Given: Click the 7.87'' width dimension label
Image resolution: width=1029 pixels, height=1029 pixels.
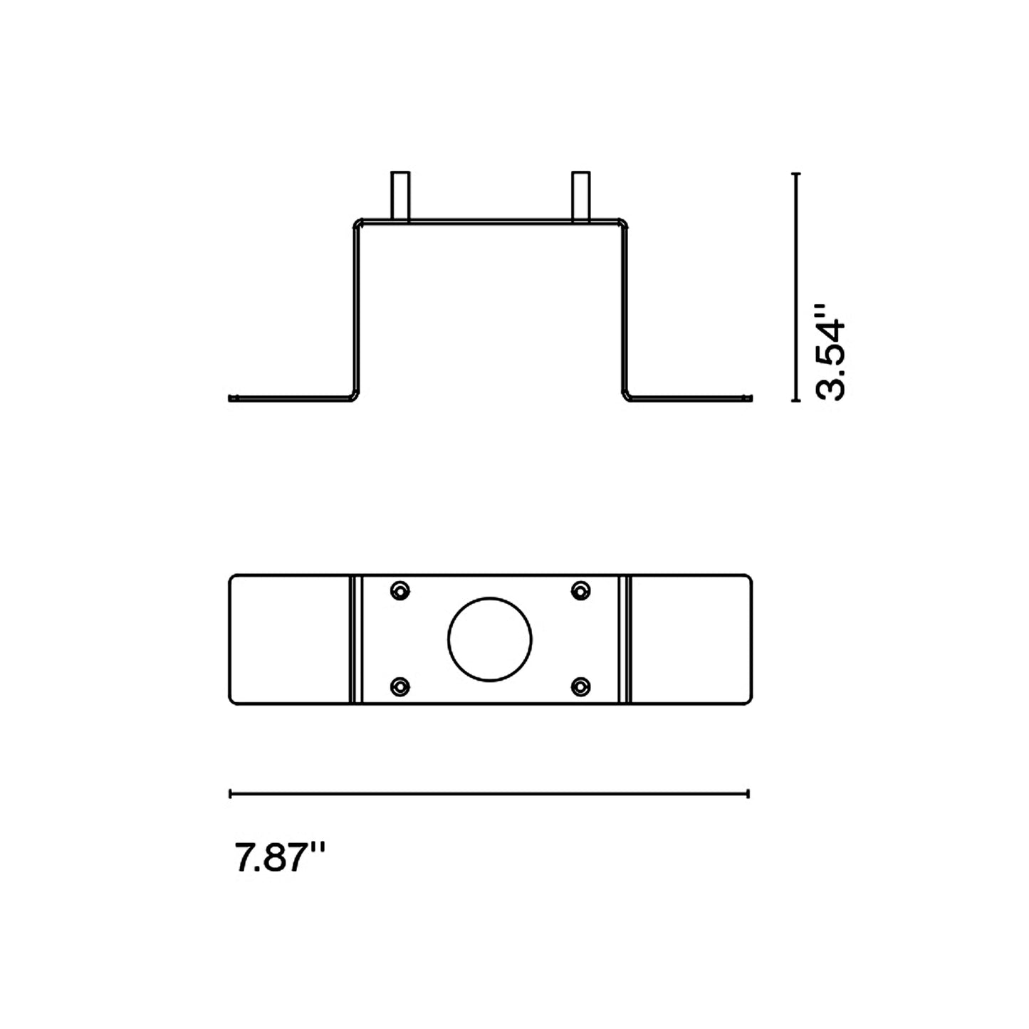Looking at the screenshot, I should tap(280, 857).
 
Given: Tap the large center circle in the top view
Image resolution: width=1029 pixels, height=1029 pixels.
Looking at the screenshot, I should tap(490, 638).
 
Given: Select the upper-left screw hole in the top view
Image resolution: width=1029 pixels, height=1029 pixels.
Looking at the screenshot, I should tap(401, 590).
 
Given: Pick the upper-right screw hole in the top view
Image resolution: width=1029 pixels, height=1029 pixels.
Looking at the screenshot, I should tap(581, 590).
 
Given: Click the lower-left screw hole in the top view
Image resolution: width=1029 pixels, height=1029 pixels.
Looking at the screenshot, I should tap(401, 686).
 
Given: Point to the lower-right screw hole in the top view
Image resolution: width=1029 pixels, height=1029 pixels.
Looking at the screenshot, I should tap(581, 686).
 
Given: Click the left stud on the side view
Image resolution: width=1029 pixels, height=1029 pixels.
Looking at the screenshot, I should tap(400, 195).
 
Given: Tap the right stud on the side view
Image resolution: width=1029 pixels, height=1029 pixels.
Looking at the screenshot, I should tap(581, 195).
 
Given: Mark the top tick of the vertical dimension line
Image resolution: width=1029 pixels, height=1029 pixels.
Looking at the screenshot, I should tap(796, 173).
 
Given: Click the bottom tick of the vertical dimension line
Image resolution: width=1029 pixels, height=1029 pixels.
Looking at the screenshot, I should tap(796, 401).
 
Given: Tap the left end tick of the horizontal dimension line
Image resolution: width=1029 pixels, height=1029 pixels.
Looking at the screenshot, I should tap(230, 793).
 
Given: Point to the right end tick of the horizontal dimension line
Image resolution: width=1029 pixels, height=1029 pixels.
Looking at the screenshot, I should tap(748, 793).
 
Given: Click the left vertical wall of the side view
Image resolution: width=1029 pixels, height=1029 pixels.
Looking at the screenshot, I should tap(355, 310).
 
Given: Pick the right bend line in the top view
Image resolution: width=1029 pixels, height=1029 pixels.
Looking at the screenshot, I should tap(626, 639).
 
